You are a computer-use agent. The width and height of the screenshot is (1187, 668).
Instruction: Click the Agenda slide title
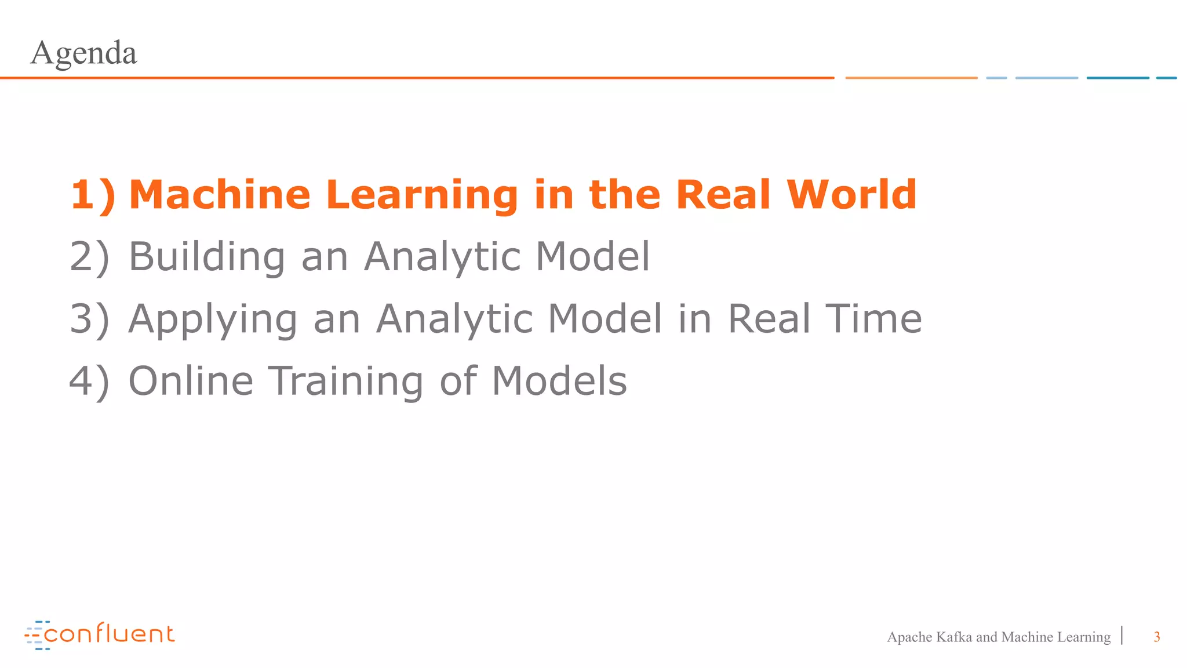click(x=83, y=53)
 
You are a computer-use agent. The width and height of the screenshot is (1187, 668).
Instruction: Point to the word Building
click(x=206, y=256)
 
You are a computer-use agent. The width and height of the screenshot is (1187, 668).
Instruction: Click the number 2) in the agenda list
click(x=89, y=257)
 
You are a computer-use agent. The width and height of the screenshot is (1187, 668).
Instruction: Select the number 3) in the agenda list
click(x=89, y=320)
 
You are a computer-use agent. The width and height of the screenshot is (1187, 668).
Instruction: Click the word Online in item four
click(x=191, y=381)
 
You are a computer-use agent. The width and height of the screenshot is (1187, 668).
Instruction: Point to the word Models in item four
click(x=559, y=381)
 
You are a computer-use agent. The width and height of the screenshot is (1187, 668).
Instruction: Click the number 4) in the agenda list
click(x=89, y=382)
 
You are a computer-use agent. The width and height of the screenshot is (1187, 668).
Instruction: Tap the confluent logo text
click(x=109, y=634)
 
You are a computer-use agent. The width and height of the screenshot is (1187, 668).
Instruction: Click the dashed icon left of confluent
click(x=34, y=635)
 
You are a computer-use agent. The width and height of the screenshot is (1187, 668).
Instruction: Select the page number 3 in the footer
click(x=1156, y=637)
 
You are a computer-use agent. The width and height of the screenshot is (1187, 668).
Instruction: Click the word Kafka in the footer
click(x=953, y=637)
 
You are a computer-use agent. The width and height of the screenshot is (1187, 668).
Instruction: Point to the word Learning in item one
click(x=422, y=195)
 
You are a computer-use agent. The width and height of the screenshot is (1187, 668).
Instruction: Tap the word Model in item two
click(x=592, y=256)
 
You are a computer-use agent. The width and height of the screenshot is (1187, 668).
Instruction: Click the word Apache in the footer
click(x=909, y=637)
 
